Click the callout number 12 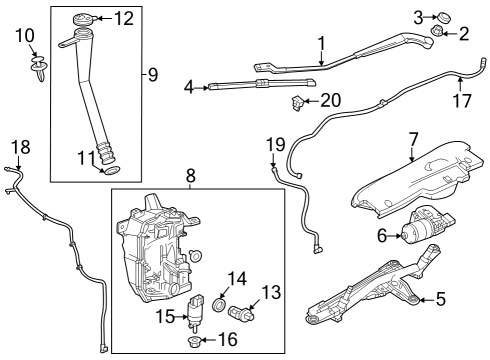123,17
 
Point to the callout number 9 152,74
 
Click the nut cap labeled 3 446,15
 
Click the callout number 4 188,88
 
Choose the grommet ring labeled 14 220,303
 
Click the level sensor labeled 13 247,317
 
